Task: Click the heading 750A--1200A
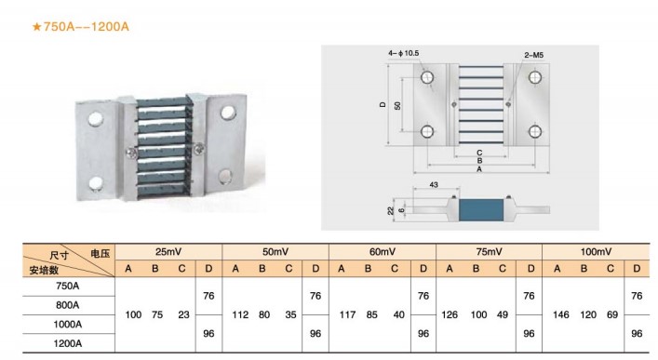81,27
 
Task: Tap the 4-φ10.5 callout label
403,53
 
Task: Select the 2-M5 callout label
534,55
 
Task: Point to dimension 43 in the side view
434,184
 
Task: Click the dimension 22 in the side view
391,210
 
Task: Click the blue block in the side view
481,210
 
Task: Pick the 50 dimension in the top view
397,105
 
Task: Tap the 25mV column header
168,252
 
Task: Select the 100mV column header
596,252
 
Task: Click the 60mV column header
383,252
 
